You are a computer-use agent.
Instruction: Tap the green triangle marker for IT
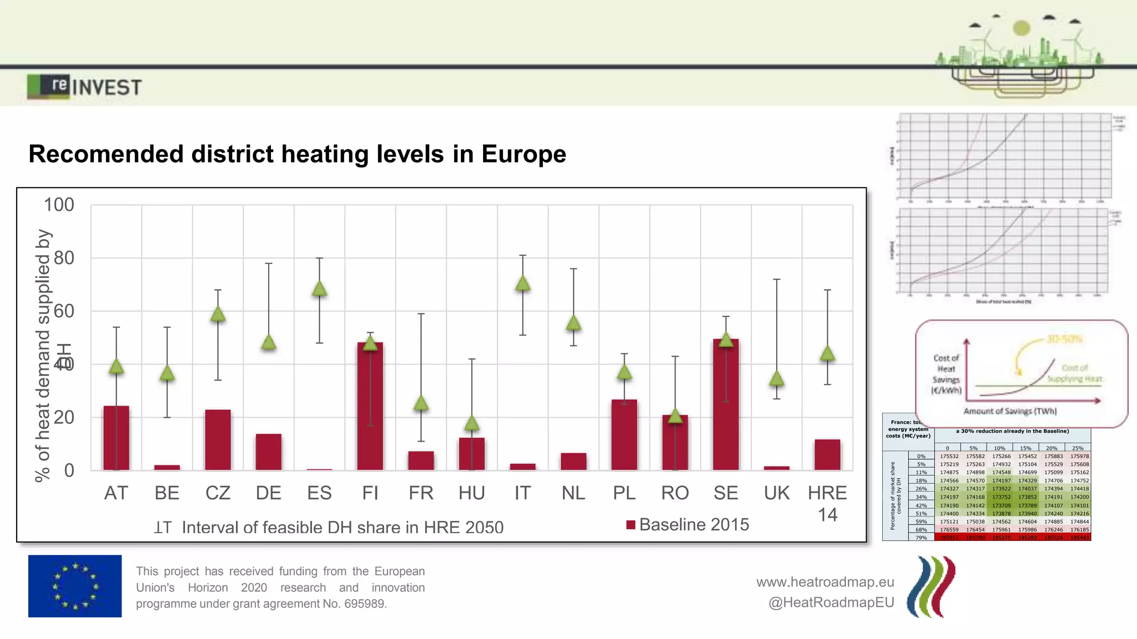(522, 284)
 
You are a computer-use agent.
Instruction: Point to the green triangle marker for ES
(319, 288)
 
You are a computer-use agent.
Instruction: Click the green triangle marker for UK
(777, 379)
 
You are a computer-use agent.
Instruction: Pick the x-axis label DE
(268, 493)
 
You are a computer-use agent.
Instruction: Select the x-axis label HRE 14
(827, 503)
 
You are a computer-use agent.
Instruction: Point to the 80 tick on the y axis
(64, 258)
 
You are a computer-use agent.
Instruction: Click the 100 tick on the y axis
(59, 205)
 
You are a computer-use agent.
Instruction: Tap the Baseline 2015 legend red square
(631, 525)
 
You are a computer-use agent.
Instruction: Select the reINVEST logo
(84, 87)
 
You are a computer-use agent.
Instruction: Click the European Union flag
(75, 586)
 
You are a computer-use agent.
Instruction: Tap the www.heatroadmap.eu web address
(825, 582)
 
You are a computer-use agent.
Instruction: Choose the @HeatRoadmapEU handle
(831, 602)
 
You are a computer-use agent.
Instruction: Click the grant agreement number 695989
(364, 603)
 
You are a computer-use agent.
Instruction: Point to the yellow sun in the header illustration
(1022, 28)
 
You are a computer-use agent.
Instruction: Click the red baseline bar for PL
(624, 435)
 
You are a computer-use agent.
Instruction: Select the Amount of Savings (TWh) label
(1010, 411)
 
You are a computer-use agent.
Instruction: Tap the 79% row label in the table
(921, 537)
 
